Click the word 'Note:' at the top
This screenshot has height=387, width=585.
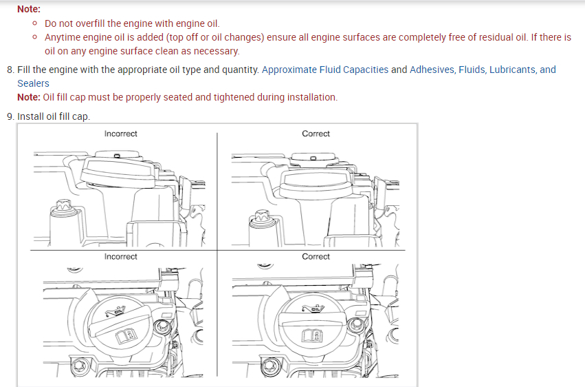(x=28, y=10)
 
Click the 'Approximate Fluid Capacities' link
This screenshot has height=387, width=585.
(x=325, y=70)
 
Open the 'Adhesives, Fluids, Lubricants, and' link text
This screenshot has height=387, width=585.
(x=483, y=70)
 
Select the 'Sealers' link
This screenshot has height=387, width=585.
(x=33, y=83)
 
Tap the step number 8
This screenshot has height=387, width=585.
(x=10, y=70)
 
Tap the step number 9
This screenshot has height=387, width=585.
(x=10, y=116)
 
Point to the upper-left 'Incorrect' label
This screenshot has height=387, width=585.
(x=121, y=134)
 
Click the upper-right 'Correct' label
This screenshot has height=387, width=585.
(x=316, y=134)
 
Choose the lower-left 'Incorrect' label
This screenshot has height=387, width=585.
(x=121, y=257)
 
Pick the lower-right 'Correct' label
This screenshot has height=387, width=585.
(x=316, y=257)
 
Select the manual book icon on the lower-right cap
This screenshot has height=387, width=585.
(x=311, y=335)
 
